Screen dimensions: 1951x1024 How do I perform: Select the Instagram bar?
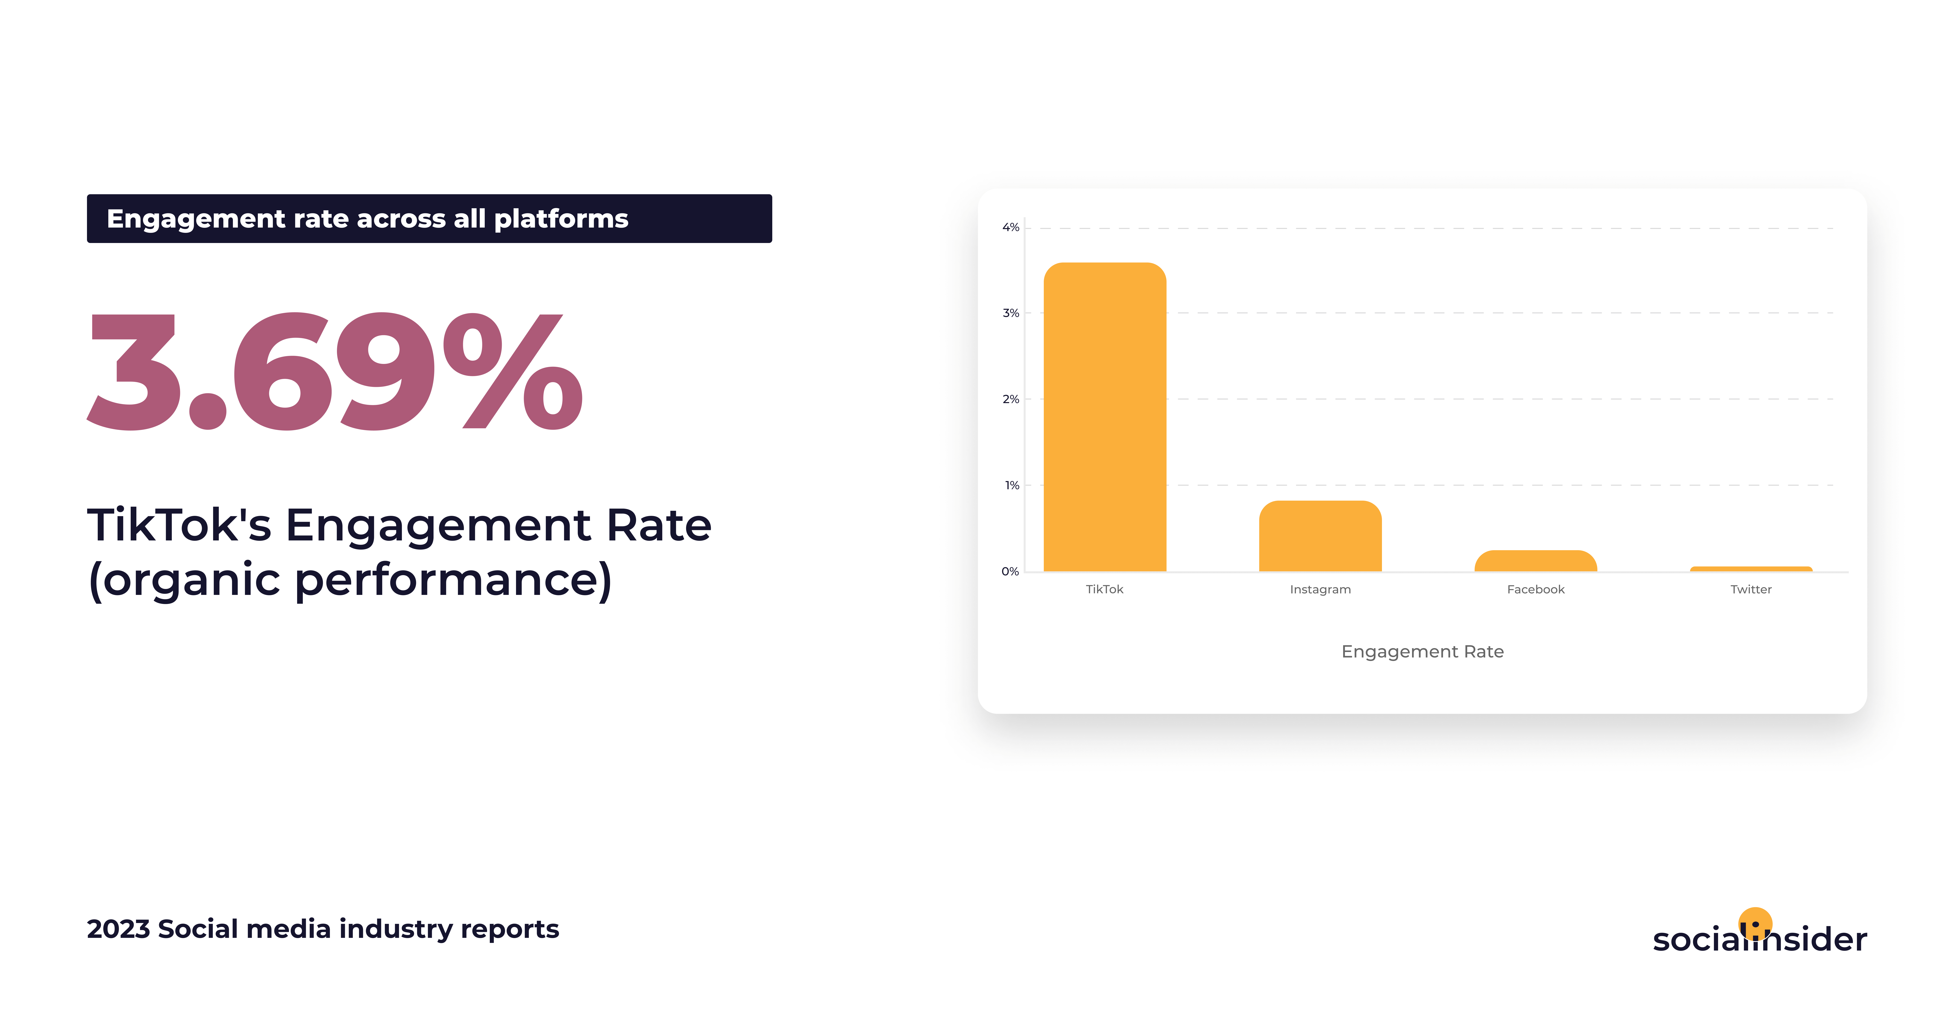(1320, 536)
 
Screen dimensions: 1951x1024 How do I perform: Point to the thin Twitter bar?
(1751, 569)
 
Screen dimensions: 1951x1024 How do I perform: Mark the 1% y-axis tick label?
(1012, 486)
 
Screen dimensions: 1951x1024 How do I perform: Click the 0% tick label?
(1010, 572)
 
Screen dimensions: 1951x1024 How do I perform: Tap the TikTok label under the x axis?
(1104, 589)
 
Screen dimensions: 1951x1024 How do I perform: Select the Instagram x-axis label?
(1320, 589)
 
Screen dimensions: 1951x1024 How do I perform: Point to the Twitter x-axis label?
(1751, 589)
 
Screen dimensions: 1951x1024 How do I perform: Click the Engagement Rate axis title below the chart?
(1422, 651)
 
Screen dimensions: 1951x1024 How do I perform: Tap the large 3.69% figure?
(335, 371)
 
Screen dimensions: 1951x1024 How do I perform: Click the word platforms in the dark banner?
(561, 219)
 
